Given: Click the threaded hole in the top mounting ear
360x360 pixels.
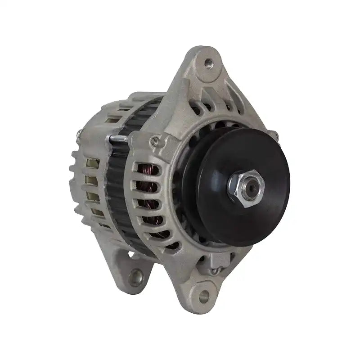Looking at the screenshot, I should [207, 63].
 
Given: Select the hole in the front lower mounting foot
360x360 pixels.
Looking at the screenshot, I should [204, 296].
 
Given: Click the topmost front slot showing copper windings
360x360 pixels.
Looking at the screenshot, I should [149, 171].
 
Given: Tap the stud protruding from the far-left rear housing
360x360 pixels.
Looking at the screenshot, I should [80, 133].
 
